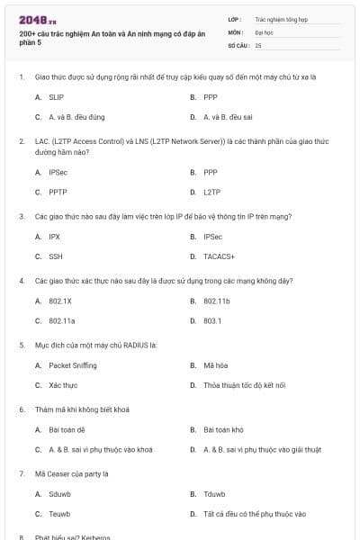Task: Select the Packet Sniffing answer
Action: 72,365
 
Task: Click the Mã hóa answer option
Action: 214,365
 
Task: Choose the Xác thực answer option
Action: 62,385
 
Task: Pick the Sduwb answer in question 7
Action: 60,494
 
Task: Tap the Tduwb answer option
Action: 214,494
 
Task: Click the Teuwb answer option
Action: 59,514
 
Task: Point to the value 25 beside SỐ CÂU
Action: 258,44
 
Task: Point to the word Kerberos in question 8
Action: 94,537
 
